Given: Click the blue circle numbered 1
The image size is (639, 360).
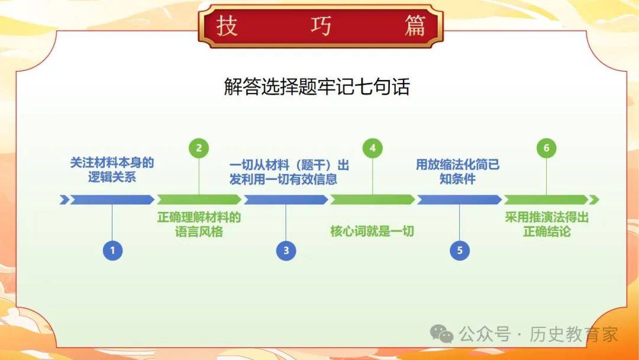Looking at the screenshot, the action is tap(112, 250).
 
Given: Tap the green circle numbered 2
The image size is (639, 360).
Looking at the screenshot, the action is tap(199, 148).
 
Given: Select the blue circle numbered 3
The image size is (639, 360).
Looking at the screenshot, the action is tap(286, 250).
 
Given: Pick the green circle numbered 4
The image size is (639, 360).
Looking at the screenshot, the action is tap(373, 148).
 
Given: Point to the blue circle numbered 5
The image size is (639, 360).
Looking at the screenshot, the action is tap(460, 250).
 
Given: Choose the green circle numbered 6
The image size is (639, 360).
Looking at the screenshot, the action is tap(547, 148).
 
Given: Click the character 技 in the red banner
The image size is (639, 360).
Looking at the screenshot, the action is tap(227, 26).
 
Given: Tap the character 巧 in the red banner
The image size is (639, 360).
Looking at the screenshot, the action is tap(321, 26).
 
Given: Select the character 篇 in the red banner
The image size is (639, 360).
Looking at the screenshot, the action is tap(415, 26).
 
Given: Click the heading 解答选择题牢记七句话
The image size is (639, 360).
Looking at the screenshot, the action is tap(317, 86).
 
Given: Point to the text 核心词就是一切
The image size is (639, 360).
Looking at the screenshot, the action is tap(372, 231).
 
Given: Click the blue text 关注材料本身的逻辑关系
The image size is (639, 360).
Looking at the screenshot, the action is tap(112, 169).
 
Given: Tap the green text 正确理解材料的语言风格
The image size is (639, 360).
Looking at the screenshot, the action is tap(199, 224).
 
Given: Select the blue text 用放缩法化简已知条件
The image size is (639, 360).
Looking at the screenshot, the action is tap(457, 172).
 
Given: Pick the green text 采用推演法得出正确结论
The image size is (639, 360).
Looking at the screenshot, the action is tap(547, 224).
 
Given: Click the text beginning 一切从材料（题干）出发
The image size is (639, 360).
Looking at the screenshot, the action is tap(289, 172).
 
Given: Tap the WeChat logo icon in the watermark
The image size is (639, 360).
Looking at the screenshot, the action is tap(442, 334).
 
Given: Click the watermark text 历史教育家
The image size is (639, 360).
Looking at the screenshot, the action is tap(574, 335).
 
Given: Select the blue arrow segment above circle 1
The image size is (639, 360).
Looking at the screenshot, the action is tap(112, 200).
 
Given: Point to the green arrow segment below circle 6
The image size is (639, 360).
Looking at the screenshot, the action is tap(547, 200).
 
